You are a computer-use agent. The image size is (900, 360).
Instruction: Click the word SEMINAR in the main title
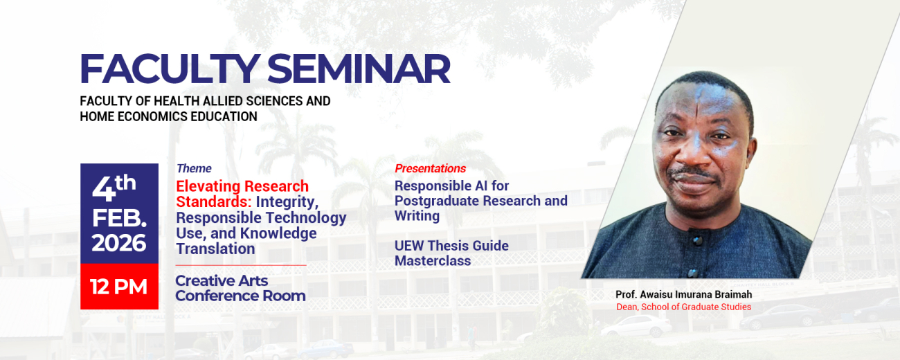point(359,69)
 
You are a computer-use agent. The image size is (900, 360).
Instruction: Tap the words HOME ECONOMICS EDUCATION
point(168,116)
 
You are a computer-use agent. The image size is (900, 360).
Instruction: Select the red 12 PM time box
point(119,287)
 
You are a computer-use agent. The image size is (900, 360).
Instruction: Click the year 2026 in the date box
point(119,244)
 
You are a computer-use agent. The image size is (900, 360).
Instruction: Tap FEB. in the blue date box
point(119,217)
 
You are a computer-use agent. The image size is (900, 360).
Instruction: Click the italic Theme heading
point(194,168)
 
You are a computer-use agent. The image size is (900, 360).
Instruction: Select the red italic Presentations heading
point(430,168)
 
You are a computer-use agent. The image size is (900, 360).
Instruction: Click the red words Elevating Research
point(242,186)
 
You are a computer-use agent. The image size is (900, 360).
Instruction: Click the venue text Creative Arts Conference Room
point(240,288)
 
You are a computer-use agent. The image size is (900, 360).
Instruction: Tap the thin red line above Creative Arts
point(240,265)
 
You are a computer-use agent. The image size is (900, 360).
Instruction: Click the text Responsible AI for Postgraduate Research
point(480,193)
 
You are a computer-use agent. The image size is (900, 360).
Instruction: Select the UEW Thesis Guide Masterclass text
point(451,253)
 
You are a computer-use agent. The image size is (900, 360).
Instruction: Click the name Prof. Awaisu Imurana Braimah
point(683,294)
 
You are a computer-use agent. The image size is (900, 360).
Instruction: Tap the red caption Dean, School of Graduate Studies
point(683,307)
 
